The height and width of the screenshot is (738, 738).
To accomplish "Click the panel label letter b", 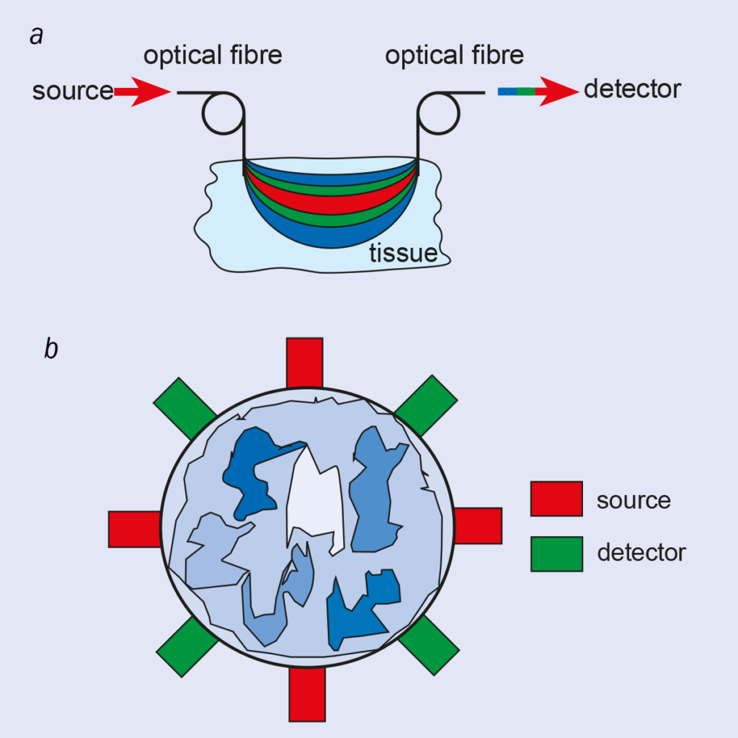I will pos(51,349).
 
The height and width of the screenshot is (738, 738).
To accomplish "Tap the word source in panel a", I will pos(72,92).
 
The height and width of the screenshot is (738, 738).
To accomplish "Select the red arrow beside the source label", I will pos(142,92).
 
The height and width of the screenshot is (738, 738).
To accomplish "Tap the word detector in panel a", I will pos(632,90).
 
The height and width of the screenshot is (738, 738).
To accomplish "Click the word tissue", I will pos(403,254).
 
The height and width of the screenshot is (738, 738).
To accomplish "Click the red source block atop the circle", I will pos(304,363).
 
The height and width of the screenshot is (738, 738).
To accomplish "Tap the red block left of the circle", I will pos(134,529).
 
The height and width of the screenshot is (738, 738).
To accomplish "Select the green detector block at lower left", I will pos(187,646).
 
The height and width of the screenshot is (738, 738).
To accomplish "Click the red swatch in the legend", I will pos(556,499).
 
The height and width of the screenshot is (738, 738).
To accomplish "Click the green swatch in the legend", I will pos(556,553).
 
